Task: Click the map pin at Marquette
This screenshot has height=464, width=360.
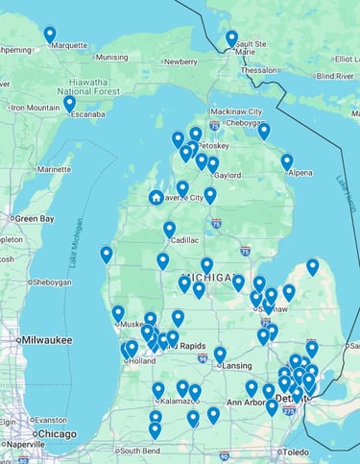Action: [x=50, y=35]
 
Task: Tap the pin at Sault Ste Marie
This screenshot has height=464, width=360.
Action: [x=231, y=38]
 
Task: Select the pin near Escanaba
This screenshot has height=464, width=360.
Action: [x=69, y=103]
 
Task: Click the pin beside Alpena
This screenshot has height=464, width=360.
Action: [x=287, y=161]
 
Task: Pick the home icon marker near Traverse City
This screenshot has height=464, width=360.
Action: [x=156, y=197]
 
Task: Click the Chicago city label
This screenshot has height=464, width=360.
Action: [x=57, y=434]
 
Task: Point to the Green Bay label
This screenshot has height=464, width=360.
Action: [x=33, y=219]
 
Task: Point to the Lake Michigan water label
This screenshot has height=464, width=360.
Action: [x=76, y=252]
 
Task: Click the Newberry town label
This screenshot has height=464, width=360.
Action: [x=180, y=61]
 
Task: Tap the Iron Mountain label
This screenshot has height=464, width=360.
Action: [x=36, y=108]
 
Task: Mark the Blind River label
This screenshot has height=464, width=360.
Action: [x=335, y=75]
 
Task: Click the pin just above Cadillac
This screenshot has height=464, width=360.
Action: [x=169, y=229]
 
